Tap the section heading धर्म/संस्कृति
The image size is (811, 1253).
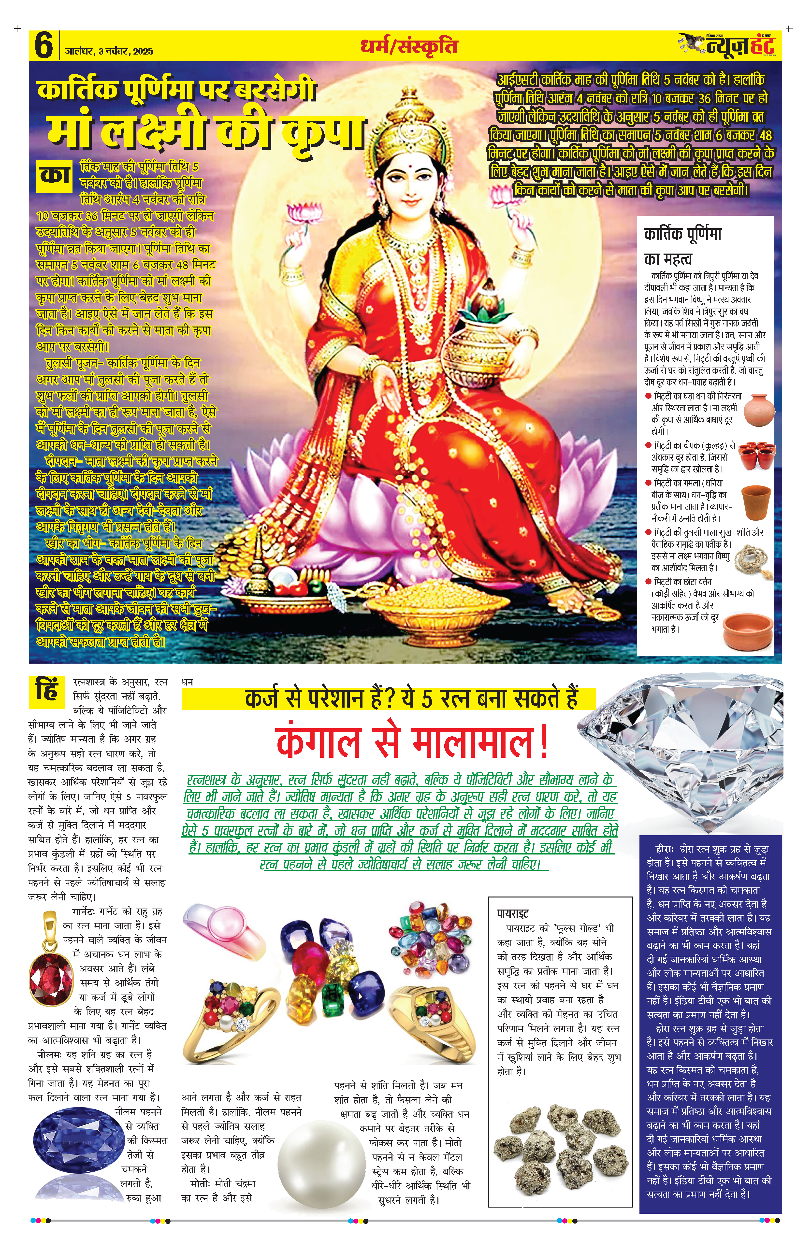(x=409, y=46)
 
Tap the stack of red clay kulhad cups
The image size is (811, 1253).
(x=757, y=456)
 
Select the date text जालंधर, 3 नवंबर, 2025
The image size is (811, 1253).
(x=110, y=52)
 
